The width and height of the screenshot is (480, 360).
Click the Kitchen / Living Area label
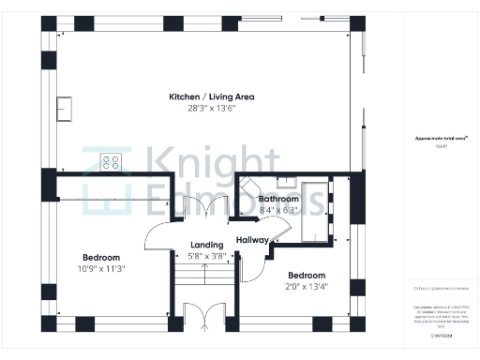coord(211,97)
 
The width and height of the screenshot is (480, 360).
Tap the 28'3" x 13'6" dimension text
coord(211,108)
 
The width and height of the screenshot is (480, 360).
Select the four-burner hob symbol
coord(111,162)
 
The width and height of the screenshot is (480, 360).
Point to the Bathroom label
coord(278,200)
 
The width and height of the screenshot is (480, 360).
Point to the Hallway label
coord(253,240)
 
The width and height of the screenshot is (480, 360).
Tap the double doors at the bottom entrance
coord(203,318)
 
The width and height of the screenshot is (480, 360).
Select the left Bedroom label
coord(100,258)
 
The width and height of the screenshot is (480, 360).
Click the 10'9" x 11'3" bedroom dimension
coord(100,269)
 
